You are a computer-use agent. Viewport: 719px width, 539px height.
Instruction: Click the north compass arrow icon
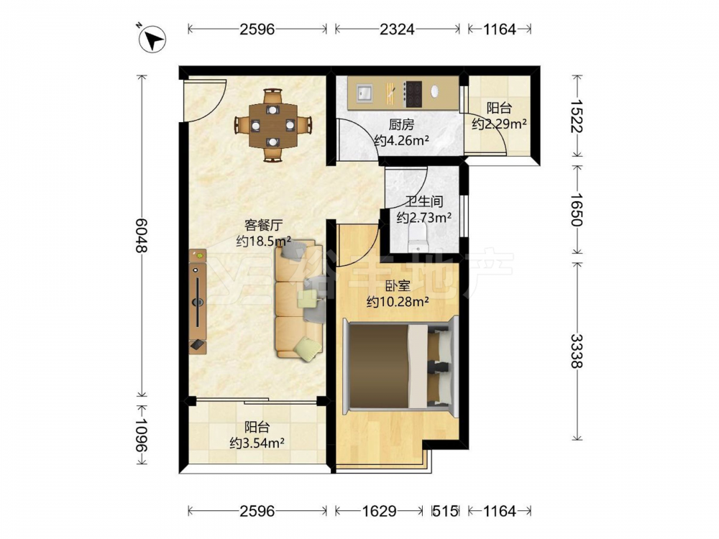pos(152,39)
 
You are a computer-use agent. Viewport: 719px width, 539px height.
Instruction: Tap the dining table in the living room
pos(273,124)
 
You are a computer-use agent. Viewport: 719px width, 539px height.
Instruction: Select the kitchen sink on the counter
pos(365,93)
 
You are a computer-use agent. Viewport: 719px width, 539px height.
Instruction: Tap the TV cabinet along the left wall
pos(198,301)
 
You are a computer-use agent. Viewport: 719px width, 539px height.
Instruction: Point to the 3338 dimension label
pos(577,351)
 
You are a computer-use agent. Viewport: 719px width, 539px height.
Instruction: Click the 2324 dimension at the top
pos(397,29)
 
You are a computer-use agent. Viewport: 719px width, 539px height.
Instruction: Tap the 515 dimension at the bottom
pos(446,510)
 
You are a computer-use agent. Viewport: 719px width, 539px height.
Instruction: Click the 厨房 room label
pos(401,124)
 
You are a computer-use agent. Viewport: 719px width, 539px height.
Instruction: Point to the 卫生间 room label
pos(424,201)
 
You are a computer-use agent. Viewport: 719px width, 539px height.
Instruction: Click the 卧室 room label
pos(398,287)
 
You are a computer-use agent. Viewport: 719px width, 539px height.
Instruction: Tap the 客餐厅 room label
pos(264,225)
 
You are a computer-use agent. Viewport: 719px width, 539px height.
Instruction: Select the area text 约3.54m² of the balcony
pos(257,443)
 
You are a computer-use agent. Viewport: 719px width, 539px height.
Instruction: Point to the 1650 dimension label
pos(577,209)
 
